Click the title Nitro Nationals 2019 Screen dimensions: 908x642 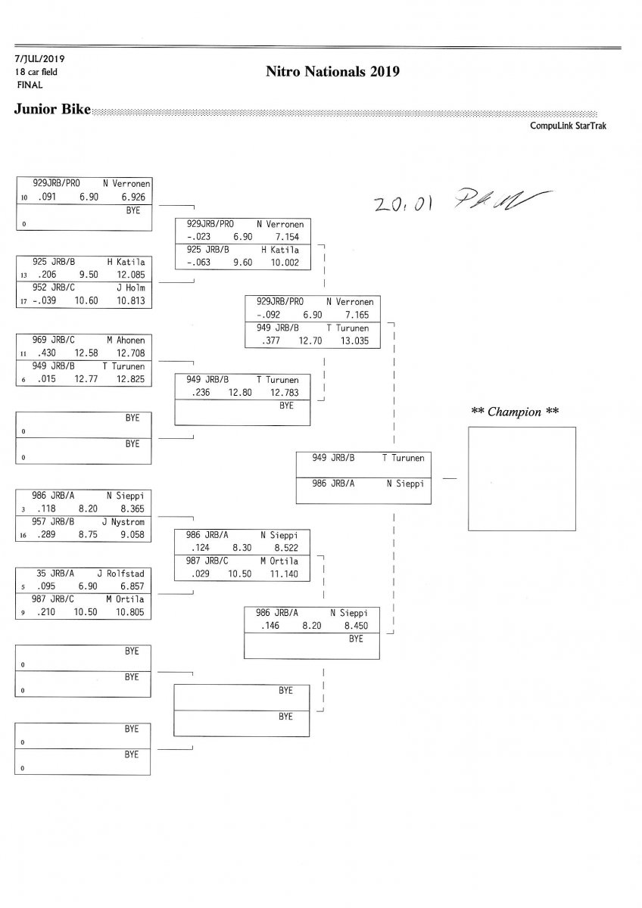click(332, 72)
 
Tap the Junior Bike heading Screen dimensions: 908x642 click(51, 110)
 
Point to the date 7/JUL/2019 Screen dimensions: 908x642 click(35, 58)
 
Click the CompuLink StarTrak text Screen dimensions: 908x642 click(568, 126)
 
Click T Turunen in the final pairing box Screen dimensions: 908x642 click(403, 458)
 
